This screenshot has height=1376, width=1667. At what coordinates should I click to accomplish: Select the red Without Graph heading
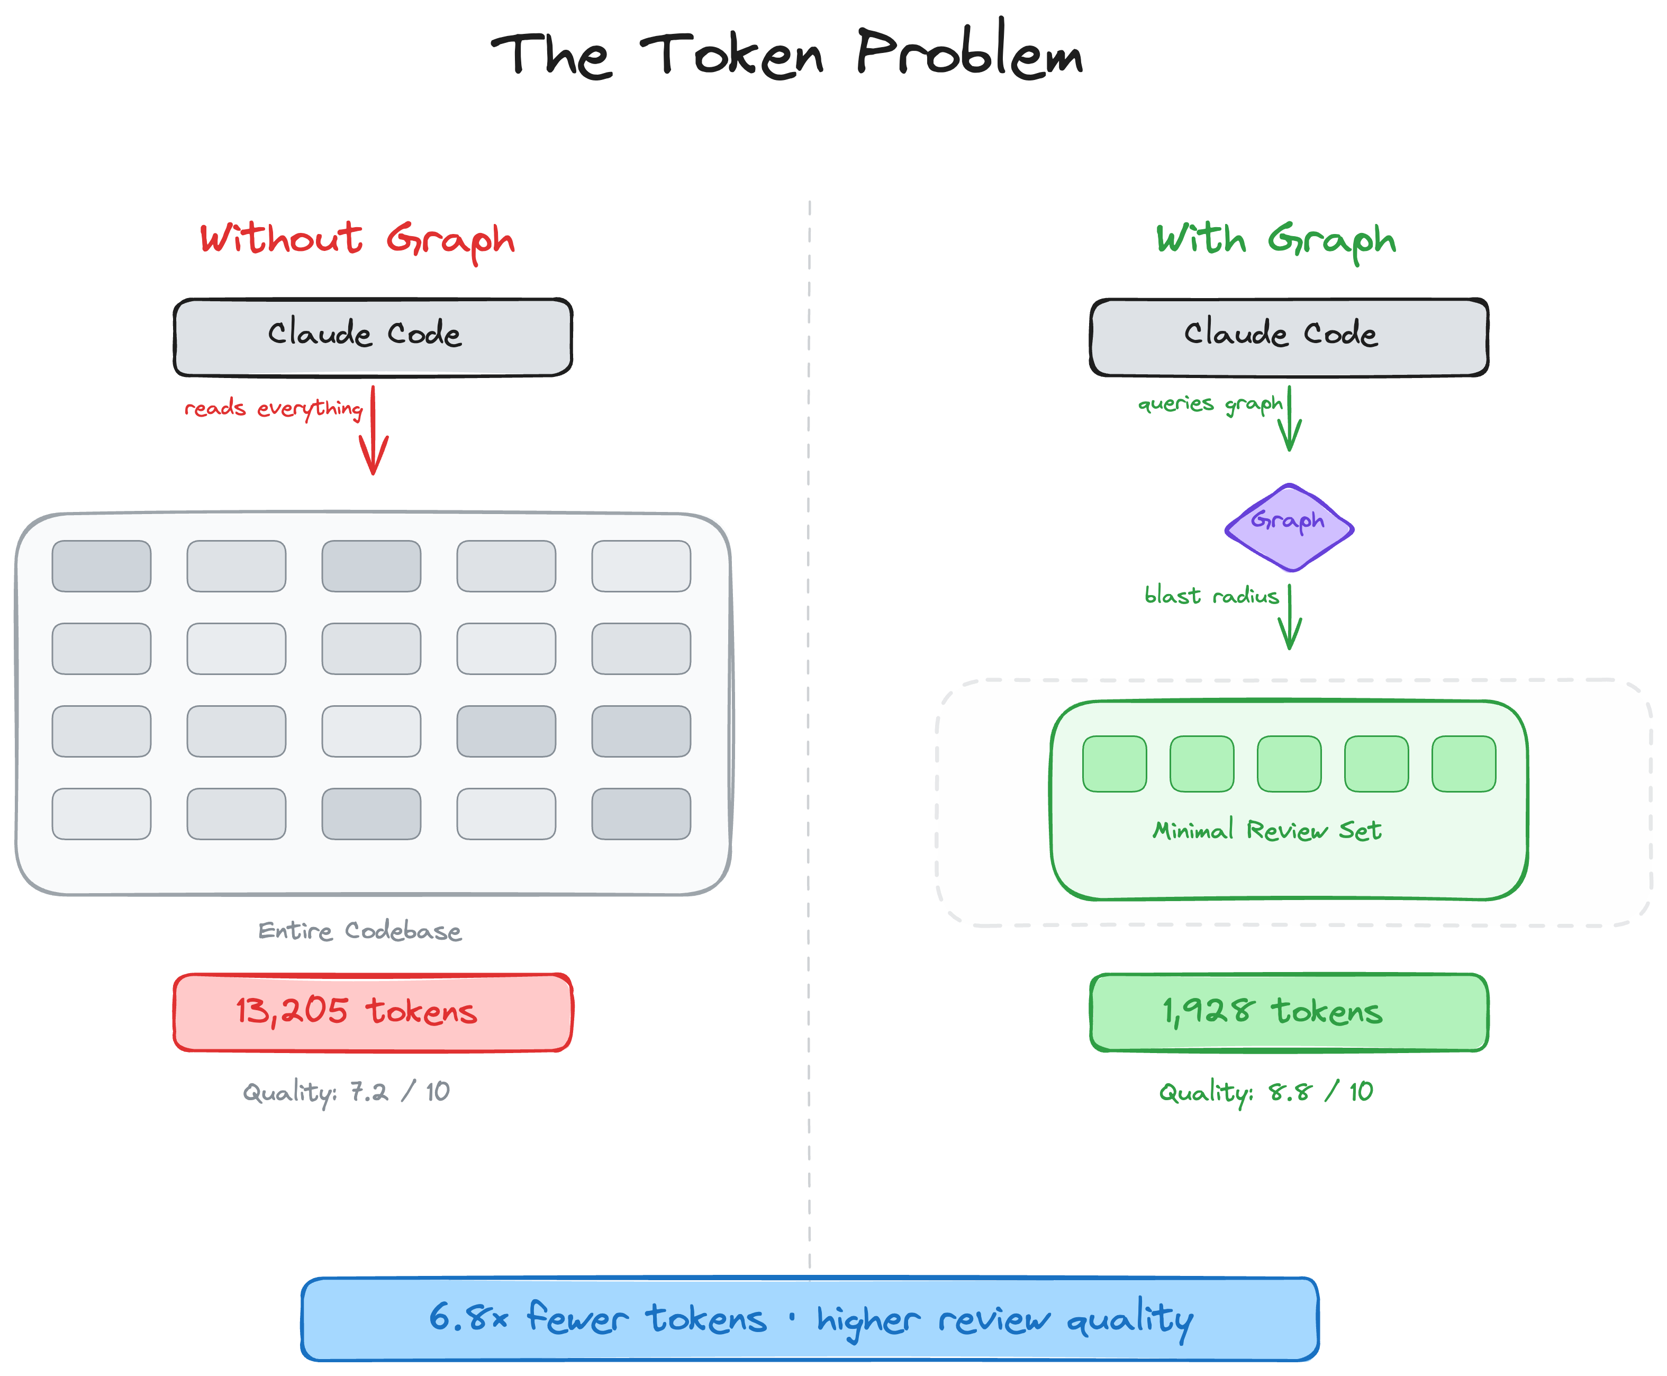pos(357,239)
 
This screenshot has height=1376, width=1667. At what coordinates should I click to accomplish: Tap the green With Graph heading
pos(1275,239)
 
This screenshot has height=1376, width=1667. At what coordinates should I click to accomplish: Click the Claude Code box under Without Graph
pos(373,336)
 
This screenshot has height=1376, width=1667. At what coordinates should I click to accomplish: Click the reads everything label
pos(274,408)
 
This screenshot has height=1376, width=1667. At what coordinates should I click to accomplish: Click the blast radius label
pos(1211,595)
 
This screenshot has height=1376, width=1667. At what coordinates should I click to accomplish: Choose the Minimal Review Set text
pos(1266,830)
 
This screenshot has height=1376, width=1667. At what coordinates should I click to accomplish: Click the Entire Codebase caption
pos(360,931)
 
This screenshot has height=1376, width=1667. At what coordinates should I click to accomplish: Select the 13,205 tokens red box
pos(373,1012)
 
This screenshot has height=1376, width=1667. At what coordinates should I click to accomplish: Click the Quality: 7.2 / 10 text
pos(346,1092)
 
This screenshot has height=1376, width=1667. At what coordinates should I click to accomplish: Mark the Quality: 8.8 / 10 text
pos(1265,1092)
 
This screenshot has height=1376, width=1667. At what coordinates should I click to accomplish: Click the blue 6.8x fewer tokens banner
pos(809,1319)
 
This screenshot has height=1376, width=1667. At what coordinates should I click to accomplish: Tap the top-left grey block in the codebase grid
pos(102,566)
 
